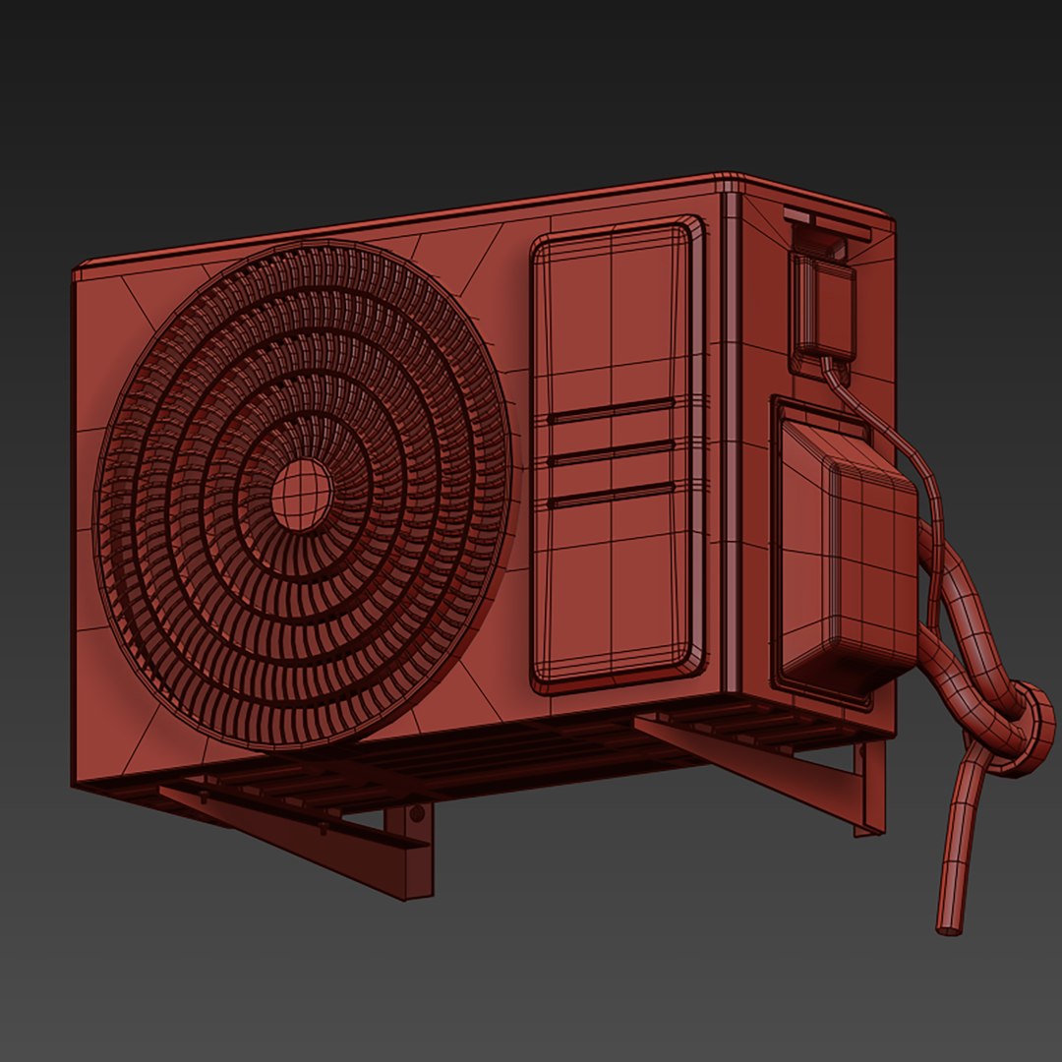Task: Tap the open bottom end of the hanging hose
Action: click(x=949, y=927)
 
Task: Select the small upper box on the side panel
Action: click(x=824, y=305)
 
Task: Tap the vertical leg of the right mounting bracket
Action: click(x=869, y=787)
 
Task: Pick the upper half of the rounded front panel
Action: click(x=618, y=315)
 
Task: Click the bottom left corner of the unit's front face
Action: click(x=77, y=782)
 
